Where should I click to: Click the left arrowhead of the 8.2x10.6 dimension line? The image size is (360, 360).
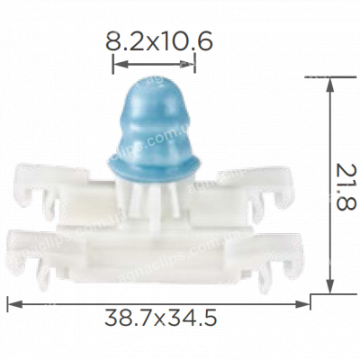click(115, 63)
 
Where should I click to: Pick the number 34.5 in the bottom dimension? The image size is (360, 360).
click(193, 318)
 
